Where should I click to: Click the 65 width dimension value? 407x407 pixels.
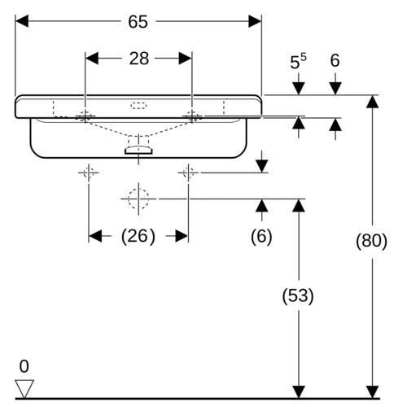138,22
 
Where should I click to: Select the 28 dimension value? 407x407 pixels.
139,59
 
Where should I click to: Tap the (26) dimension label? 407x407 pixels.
138,236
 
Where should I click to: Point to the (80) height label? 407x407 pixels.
371,241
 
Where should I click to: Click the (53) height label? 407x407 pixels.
298,295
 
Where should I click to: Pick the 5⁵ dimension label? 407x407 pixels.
298,62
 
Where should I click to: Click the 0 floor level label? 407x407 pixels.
24,366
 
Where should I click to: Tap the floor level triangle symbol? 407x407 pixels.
24,389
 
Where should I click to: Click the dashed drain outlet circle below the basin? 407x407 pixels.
138,199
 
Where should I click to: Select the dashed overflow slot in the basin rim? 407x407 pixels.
138,105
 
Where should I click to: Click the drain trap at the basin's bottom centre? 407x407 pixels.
138,150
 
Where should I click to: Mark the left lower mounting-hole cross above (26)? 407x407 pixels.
89,173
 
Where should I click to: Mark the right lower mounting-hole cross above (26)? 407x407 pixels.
188,173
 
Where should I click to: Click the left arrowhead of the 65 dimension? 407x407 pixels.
22,21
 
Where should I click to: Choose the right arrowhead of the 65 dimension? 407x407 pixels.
255,21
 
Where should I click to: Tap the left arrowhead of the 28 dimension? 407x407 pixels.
92,59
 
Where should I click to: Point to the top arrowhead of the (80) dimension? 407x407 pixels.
372,102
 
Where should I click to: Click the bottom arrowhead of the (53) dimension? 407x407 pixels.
299,392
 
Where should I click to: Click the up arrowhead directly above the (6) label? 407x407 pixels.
262,206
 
